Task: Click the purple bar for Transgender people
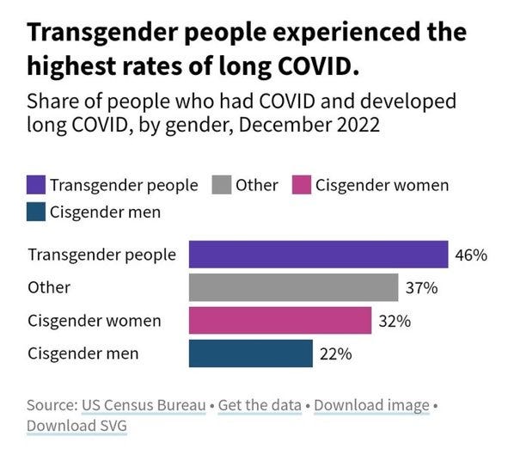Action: pyautogui.click(x=318, y=255)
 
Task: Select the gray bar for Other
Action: pyautogui.click(x=293, y=287)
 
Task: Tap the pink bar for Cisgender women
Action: pyautogui.click(x=279, y=321)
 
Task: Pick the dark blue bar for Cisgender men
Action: pyautogui.click(x=250, y=354)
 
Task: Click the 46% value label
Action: pyautogui.click(x=471, y=255)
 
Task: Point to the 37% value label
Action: pyautogui.click(x=421, y=288)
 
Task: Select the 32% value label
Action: pyautogui.click(x=395, y=321)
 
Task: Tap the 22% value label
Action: pyautogui.click(x=335, y=354)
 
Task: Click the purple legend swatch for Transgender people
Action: pyautogui.click(x=36, y=185)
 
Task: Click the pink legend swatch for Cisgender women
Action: pyautogui.click(x=302, y=185)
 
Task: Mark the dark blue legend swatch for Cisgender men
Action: pyautogui.click(x=36, y=211)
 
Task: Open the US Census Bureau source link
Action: pyautogui.click(x=143, y=404)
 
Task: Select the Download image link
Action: pyautogui.click(x=371, y=404)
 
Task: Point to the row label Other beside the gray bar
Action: pyautogui.click(x=49, y=288)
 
